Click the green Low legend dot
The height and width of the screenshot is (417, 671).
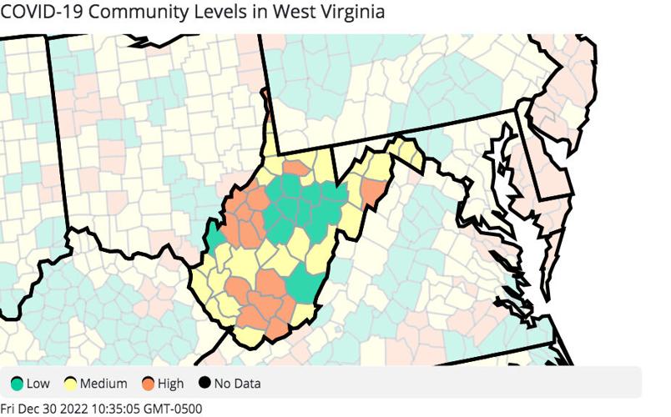click(x=17, y=384)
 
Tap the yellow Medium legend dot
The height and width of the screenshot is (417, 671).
click(x=71, y=384)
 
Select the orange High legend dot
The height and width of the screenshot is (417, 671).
click(x=149, y=384)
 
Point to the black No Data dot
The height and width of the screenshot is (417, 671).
click(x=204, y=384)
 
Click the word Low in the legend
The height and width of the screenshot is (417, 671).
click(x=38, y=384)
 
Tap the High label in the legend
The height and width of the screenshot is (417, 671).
click(x=171, y=384)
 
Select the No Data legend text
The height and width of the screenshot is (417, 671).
click(x=237, y=384)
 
